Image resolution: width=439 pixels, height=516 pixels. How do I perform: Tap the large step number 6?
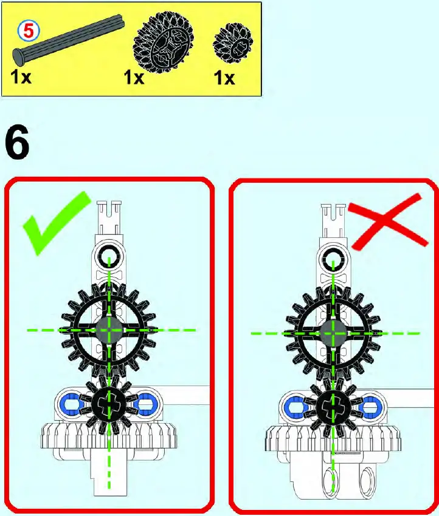(x=18, y=143)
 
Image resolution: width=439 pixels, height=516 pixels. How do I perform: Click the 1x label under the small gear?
(x=224, y=78)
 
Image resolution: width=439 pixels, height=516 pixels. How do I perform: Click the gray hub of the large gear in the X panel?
(x=333, y=333)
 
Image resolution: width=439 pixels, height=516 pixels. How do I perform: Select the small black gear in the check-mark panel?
(x=109, y=404)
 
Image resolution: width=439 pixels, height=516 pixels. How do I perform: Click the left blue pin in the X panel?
(x=295, y=405)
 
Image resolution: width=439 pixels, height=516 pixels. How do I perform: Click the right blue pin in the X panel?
(x=369, y=405)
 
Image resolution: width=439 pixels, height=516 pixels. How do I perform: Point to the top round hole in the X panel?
(x=333, y=260)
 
